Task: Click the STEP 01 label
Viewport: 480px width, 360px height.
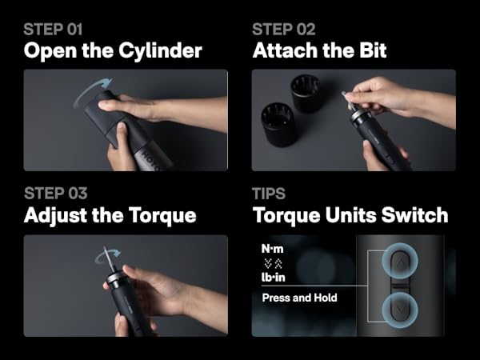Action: click(x=53, y=30)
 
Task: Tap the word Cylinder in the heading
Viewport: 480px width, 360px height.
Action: click(x=166, y=51)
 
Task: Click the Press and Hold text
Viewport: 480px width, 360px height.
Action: click(x=300, y=298)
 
